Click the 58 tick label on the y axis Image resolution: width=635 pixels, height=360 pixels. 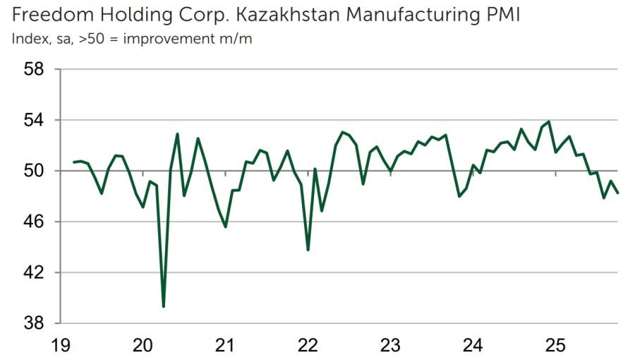(35, 69)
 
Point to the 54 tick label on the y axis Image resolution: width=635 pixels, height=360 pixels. (35, 120)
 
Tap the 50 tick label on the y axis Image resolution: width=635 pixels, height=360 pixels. (35, 171)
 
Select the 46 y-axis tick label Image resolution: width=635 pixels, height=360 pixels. (35, 222)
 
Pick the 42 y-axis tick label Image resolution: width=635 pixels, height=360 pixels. (35, 272)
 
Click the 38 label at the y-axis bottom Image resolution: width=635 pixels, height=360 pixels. (35, 323)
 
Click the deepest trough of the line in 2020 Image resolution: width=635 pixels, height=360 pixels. (164, 306)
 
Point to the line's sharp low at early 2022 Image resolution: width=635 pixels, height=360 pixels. (308, 249)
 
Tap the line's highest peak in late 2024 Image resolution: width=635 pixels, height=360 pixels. (549, 121)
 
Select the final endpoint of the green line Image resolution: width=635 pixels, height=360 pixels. (618, 193)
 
